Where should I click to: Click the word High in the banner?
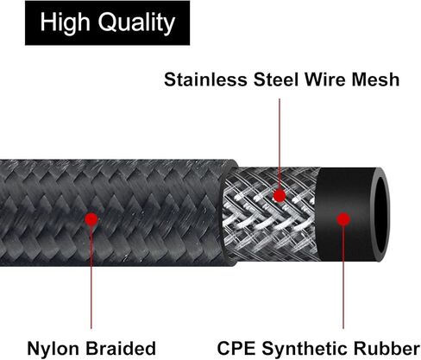(65, 23)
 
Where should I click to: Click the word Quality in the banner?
(136, 23)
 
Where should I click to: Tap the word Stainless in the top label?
(205, 79)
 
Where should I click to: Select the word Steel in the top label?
(276, 79)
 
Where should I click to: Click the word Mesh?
(375, 79)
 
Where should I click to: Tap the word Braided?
(121, 349)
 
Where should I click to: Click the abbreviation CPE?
(236, 349)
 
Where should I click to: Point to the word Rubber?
(386, 349)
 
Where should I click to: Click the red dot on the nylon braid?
(91, 219)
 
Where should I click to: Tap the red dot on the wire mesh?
(280, 196)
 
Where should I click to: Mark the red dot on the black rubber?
(343, 219)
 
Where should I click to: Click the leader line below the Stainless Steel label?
(280, 144)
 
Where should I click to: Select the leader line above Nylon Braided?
(91, 277)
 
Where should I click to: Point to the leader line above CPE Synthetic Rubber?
(343, 277)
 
